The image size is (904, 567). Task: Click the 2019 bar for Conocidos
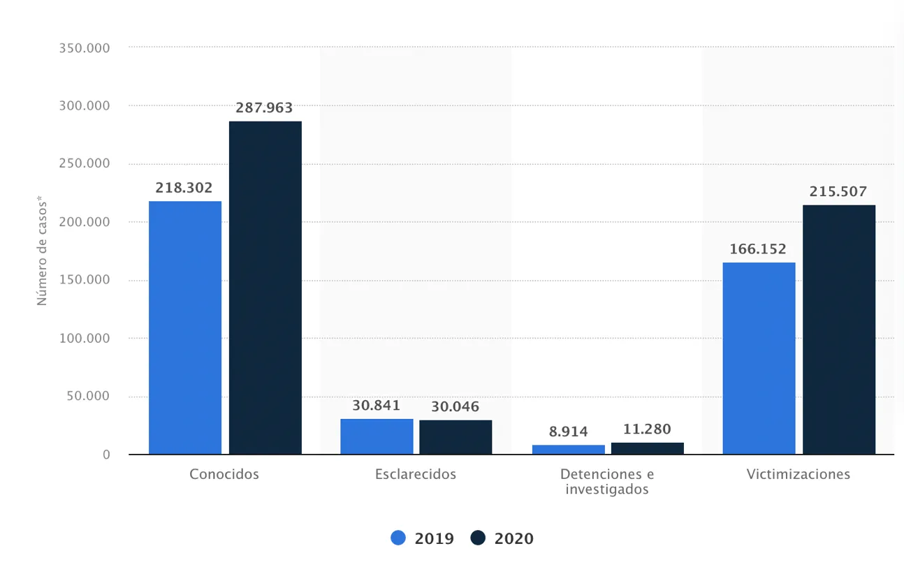tap(185, 327)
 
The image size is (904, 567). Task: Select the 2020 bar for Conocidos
tap(265, 288)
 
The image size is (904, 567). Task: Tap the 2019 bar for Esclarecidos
tap(377, 436)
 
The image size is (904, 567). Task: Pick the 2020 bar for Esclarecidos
tap(455, 437)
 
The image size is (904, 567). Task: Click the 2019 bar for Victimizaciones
tap(759, 358)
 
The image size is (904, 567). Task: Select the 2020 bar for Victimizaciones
tap(839, 330)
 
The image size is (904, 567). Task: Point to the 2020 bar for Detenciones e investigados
tap(648, 448)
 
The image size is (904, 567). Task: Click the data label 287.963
tap(265, 108)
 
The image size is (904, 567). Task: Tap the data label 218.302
tap(185, 188)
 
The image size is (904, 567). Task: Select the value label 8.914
tap(568, 432)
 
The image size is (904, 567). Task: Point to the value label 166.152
tap(759, 249)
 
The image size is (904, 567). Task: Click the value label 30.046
tap(455, 406)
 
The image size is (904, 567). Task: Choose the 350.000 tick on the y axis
tap(85, 47)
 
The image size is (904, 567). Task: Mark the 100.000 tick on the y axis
tap(85, 338)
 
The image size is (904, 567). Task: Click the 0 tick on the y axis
tap(106, 455)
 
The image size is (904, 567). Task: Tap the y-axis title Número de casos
tap(42, 251)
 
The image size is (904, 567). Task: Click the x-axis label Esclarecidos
tap(416, 474)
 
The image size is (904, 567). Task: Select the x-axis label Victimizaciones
tap(798, 474)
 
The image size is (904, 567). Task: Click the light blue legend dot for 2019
tap(398, 538)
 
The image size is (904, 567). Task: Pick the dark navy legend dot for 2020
tap(478, 538)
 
